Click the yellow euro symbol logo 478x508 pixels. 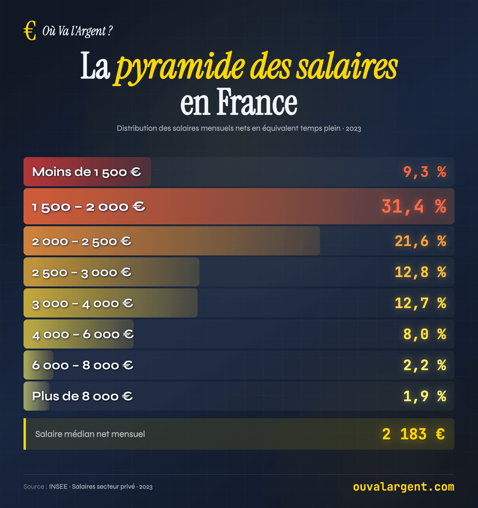30,31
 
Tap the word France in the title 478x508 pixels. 257,102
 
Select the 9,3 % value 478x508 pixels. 424,172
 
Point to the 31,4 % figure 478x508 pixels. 414,206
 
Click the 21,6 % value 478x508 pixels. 420,241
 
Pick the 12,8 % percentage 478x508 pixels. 420,272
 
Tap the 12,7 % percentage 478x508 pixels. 420,303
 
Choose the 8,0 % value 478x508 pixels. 424,334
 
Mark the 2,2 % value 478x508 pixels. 424,365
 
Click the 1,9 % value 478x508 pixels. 424,396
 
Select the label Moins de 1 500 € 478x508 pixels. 86,172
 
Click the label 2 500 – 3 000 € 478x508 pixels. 82,272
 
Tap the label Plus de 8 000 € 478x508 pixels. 82,396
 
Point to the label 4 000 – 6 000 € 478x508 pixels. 83,334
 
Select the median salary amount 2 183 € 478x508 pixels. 413,434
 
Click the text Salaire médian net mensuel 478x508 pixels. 90,434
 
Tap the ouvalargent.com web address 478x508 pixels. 403,487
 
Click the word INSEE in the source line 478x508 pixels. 58,487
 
